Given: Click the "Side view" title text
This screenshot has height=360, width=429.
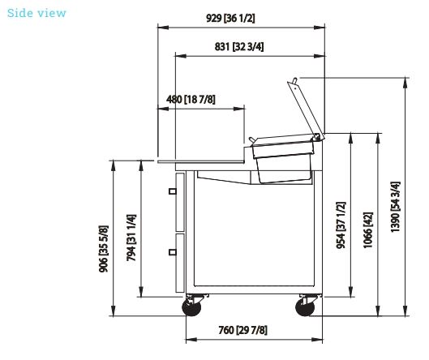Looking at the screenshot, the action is tap(36, 13).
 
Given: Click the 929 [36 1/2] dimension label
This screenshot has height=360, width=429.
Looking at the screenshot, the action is tap(230, 19).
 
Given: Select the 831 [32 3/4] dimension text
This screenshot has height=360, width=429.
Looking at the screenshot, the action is tap(239, 46).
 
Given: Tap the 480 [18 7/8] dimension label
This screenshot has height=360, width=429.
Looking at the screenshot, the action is tap(191, 99).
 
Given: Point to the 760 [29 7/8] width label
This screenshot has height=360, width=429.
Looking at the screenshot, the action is tap(242, 330).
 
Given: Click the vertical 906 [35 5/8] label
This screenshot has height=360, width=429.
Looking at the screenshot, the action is tap(104, 249).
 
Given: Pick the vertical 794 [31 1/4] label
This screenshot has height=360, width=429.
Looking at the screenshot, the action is tap(131, 238).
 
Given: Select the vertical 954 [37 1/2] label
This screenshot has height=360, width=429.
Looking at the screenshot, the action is tap(341, 225).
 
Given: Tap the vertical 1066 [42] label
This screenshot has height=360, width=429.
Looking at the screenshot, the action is tap(367, 230).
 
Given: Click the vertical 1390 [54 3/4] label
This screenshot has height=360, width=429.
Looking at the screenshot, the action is tap(395, 207).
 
